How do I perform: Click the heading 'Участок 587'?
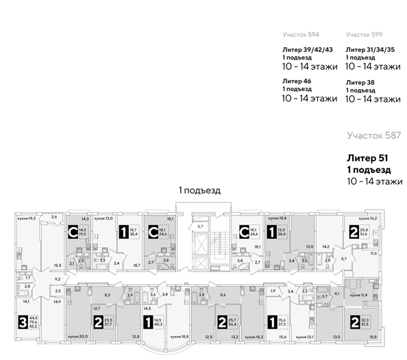(x=373, y=136)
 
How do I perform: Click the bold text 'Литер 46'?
(x=298, y=81)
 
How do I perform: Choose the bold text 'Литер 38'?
(x=361, y=81)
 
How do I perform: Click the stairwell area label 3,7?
(x=201, y=226)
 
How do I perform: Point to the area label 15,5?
(x=58, y=265)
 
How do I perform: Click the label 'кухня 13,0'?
(x=103, y=218)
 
